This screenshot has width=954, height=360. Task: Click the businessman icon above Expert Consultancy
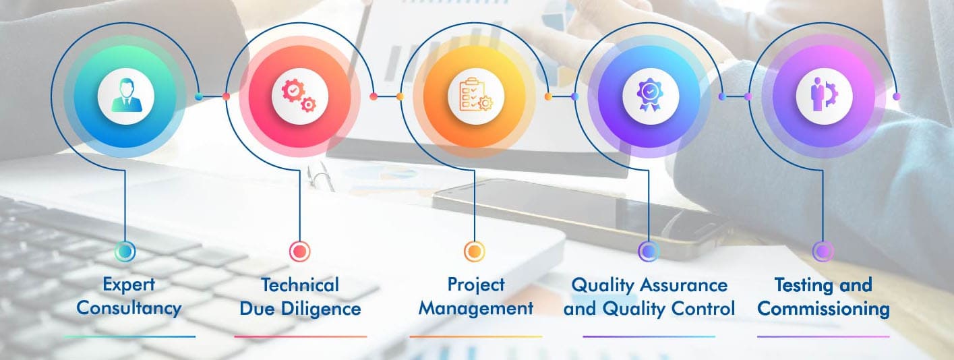[126, 96]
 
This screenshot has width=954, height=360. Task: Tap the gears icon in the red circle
[299, 96]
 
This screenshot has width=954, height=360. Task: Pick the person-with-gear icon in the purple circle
[824, 95]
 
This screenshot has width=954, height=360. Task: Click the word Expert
[129, 285]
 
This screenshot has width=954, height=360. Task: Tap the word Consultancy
[129, 309]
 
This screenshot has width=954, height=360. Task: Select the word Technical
[300, 285]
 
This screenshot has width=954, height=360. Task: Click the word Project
[476, 285]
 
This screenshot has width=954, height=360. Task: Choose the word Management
[476, 309]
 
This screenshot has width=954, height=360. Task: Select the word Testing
[801, 285]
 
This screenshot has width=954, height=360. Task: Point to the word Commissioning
[823, 309]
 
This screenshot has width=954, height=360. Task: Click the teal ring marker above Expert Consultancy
[125, 251]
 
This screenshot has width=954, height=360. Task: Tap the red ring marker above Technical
[299, 251]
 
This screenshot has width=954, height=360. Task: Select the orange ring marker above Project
[474, 251]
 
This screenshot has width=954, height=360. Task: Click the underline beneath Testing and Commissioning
[823, 336]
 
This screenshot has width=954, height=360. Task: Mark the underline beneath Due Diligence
[300, 336]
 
